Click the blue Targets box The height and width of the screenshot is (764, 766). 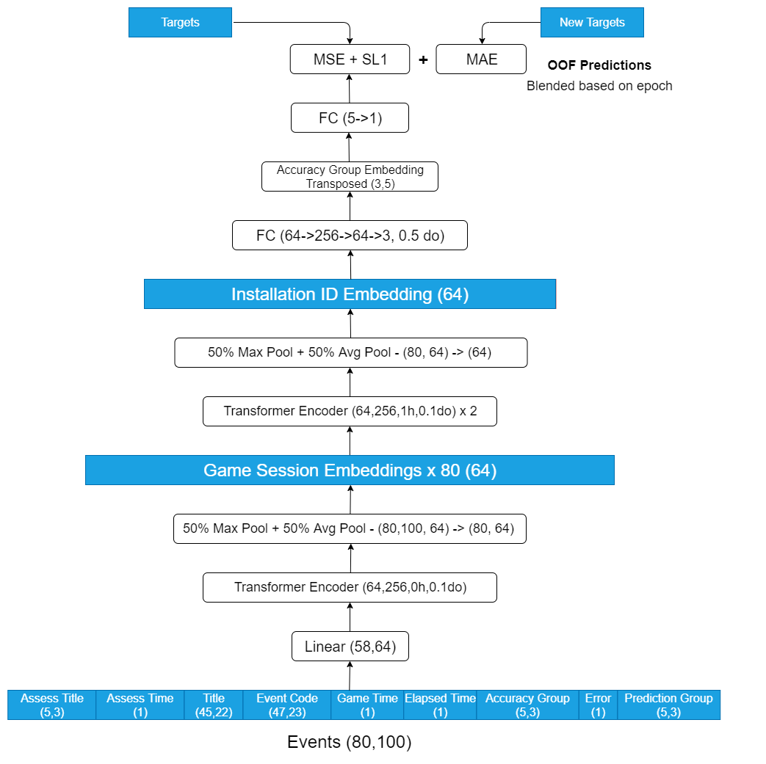point(180,23)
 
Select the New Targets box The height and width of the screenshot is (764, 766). point(592,23)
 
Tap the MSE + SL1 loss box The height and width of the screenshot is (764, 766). point(350,59)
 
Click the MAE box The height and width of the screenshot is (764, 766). point(481,59)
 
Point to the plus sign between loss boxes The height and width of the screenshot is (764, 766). point(423,59)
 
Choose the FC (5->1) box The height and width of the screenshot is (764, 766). point(350,117)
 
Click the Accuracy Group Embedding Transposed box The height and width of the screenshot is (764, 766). point(350,176)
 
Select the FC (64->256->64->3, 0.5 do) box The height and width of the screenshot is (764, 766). point(350,236)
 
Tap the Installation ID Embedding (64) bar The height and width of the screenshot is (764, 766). point(350,294)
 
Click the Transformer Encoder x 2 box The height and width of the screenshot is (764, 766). point(350,411)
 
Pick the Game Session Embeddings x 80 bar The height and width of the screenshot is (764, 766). point(350,470)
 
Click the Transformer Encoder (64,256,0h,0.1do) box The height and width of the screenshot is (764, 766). point(350,587)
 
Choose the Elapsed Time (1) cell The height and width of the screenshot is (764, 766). point(440,705)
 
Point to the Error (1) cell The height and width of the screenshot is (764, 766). point(598,705)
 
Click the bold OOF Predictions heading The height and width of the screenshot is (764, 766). point(599,65)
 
